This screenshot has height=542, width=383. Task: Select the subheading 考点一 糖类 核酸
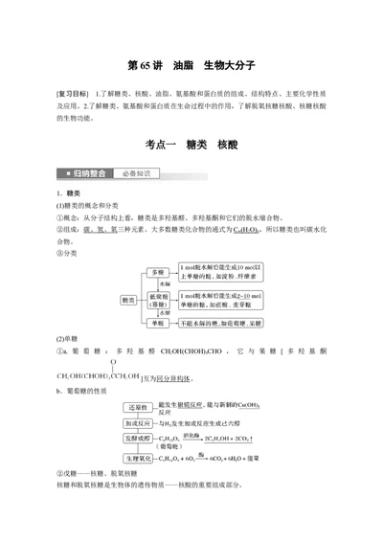coord(191,142)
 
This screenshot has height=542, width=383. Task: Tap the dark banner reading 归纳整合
coord(92,173)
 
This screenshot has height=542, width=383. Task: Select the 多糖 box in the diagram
coord(158,273)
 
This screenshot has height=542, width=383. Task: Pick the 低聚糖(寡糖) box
coord(158,301)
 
